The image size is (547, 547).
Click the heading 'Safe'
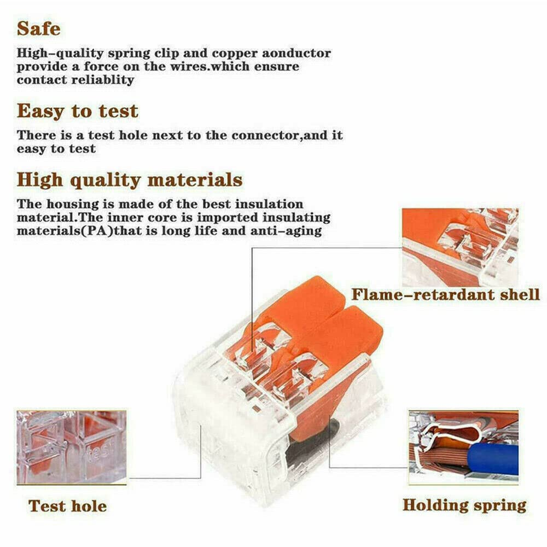coord(38,28)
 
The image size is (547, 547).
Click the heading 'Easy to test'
coord(77,111)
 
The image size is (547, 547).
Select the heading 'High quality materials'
coord(130,179)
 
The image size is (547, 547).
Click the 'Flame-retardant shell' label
coord(445,294)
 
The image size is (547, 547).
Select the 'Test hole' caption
coord(67,505)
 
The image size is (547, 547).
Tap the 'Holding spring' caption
coord(464,505)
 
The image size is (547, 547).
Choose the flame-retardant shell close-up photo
coord(460,247)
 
